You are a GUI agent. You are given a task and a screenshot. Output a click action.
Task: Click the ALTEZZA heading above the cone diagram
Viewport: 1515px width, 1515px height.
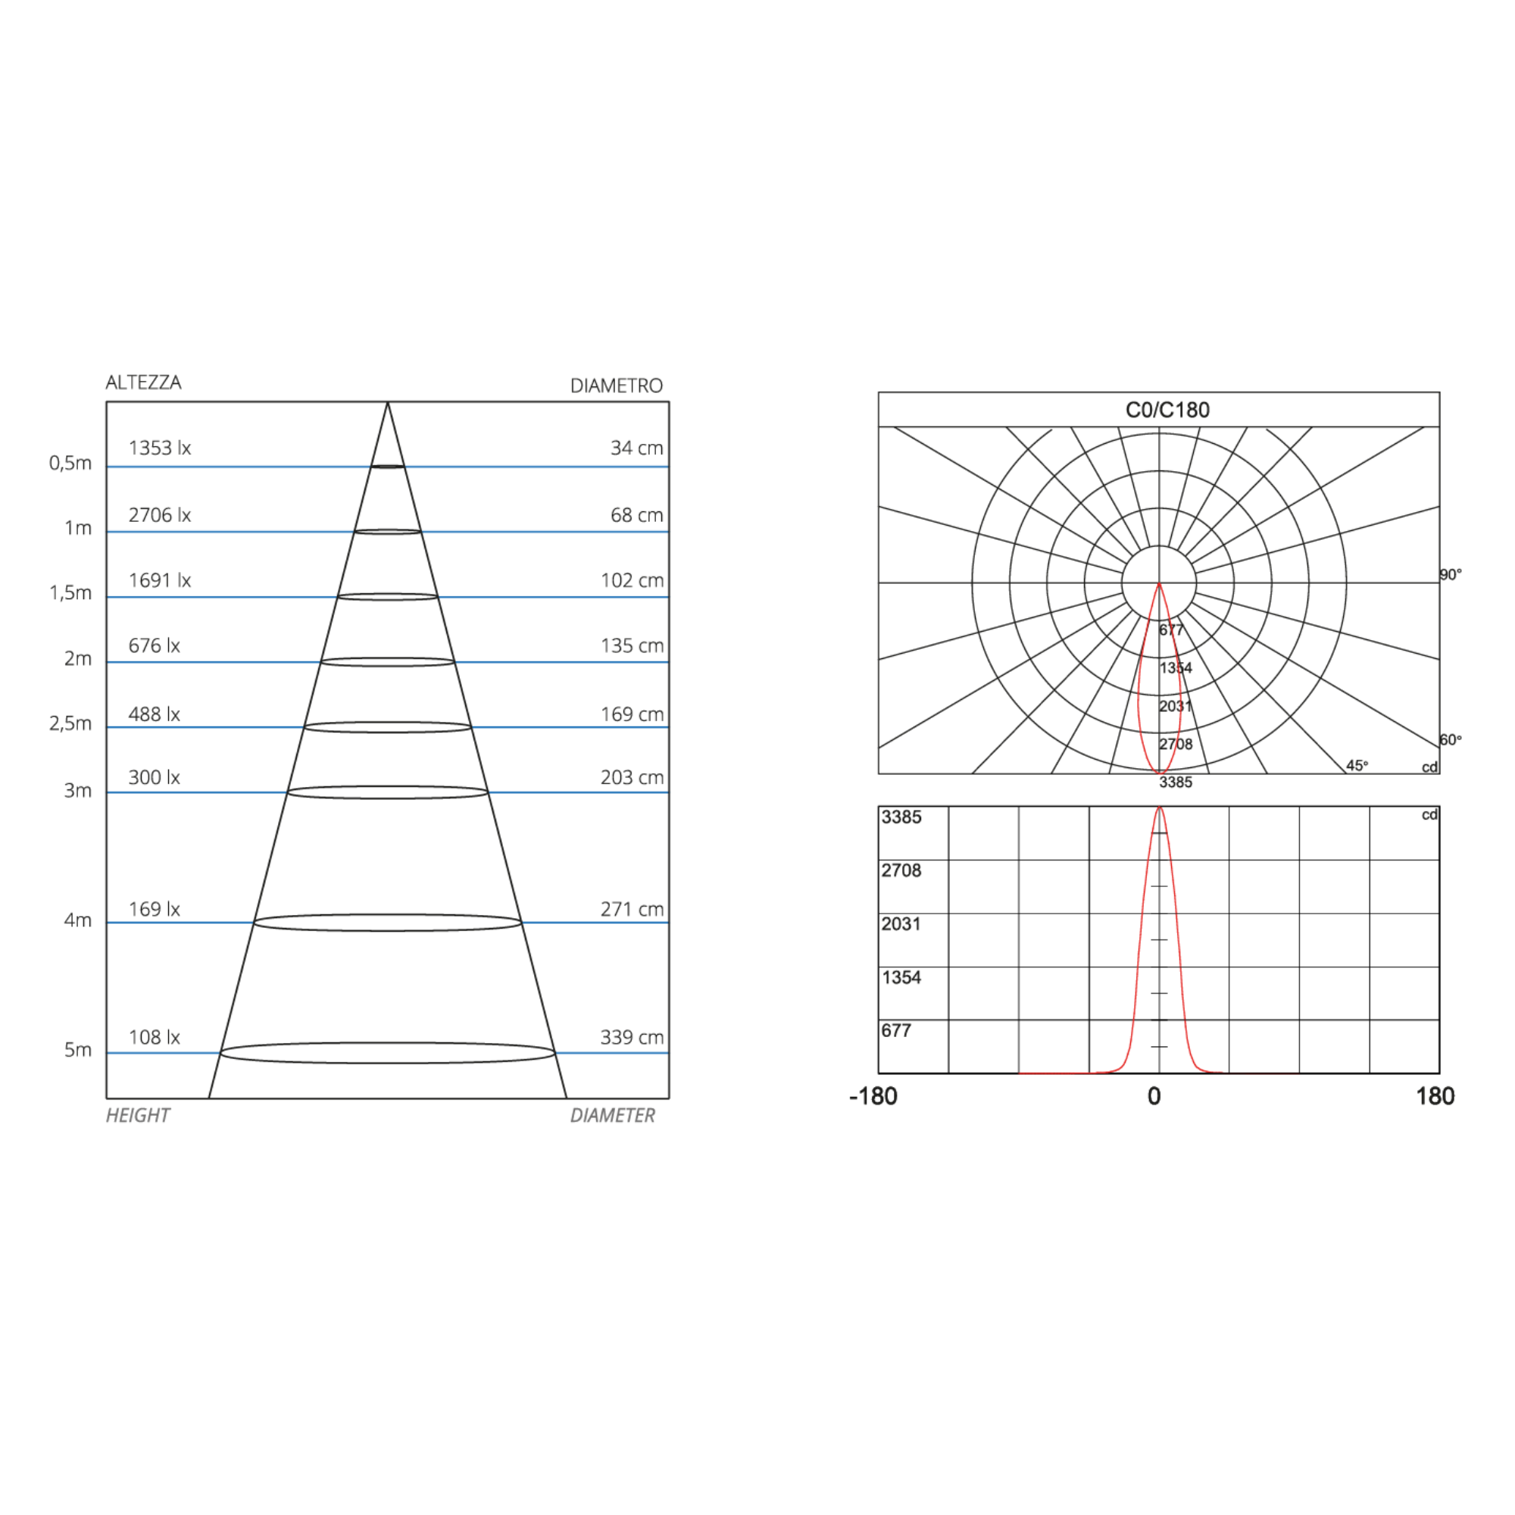[143, 383]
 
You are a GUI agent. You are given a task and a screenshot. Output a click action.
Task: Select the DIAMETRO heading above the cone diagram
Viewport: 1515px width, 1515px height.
[617, 386]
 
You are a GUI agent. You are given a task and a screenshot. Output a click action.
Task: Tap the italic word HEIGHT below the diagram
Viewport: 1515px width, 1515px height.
[138, 1115]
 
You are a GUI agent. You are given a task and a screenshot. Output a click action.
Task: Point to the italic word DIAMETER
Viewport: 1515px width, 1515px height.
[612, 1115]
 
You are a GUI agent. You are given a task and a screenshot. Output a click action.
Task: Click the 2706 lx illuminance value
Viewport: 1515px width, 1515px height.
[160, 515]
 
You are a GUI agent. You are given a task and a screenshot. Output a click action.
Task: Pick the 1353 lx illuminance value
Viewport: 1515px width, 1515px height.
[160, 448]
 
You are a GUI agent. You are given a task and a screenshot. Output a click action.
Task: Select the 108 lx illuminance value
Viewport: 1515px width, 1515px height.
[155, 1038]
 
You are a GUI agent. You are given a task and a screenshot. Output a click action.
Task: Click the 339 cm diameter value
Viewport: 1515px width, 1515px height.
[632, 1038]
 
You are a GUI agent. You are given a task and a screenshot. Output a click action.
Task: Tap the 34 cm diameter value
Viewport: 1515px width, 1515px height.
[637, 448]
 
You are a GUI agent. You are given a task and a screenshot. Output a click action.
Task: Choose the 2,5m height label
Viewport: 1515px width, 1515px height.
[70, 723]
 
